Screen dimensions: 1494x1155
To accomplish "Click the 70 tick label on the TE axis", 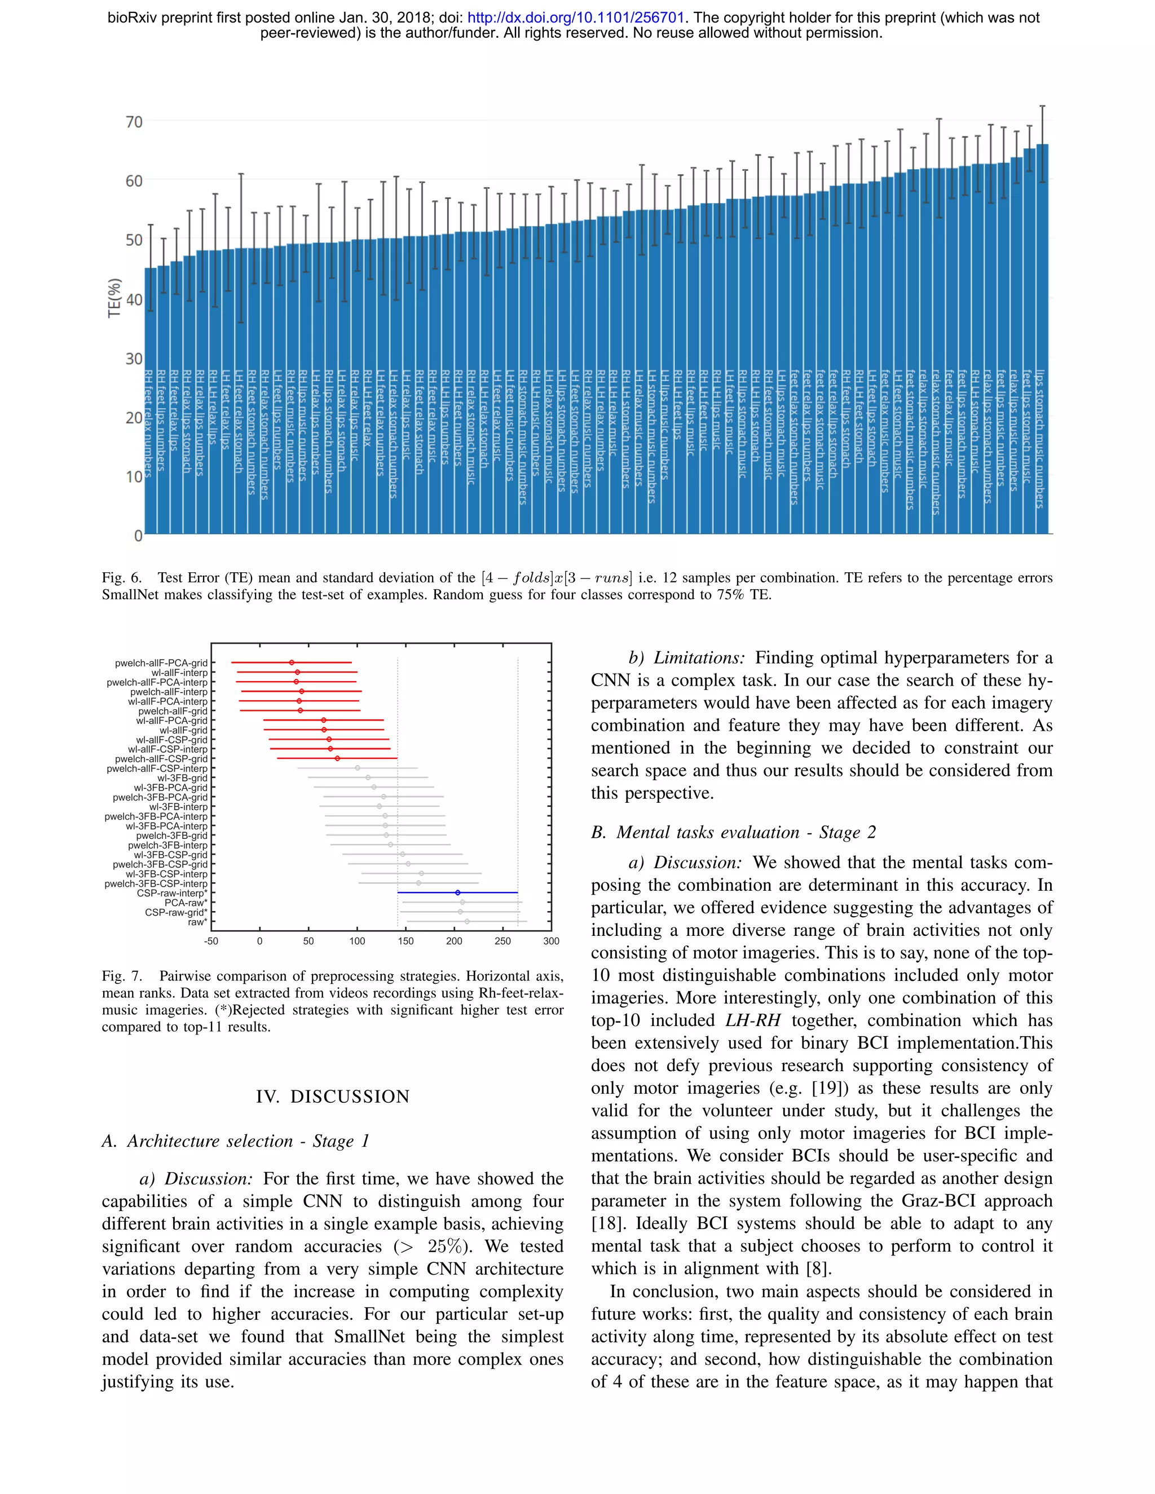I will pos(134,122).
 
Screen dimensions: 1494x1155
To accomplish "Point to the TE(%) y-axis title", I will pos(114,298).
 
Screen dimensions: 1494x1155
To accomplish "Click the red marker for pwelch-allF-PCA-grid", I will pos(292,662).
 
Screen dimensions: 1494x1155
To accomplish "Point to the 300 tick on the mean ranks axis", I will pos(551,942).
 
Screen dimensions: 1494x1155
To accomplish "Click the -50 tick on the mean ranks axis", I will pos(211,942).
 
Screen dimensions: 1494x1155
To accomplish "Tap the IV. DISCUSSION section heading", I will pos(333,1097).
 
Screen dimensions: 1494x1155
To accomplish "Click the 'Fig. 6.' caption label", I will pos(121,578).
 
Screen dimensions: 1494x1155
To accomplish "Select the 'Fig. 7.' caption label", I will pos(121,976).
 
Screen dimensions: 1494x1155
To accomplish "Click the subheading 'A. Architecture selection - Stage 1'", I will pos(236,1141).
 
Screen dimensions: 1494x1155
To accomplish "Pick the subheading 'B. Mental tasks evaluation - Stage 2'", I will pos(734,833).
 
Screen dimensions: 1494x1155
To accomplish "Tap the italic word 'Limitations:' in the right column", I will pos(699,658).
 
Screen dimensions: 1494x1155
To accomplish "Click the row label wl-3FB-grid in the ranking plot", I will pos(182,778).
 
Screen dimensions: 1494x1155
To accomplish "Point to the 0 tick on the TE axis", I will pos(138,536).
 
